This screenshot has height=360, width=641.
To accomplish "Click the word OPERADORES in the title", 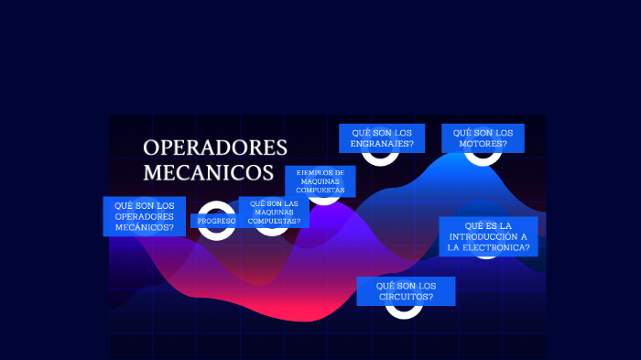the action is pos(215,147).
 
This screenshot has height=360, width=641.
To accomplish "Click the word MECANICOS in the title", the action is pos(209,172).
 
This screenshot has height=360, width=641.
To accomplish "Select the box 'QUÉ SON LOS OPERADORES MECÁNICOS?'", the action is pos(144,216).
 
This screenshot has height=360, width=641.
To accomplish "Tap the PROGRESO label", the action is pos(216,221).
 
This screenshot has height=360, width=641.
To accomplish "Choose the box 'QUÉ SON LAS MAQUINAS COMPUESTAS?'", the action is pos(274,212).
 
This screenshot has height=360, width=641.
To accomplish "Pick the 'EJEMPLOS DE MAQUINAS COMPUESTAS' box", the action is pos(320,181).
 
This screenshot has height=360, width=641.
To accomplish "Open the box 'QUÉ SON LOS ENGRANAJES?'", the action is pos(382,138).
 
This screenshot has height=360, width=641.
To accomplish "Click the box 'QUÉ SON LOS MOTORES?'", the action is pos(483,138).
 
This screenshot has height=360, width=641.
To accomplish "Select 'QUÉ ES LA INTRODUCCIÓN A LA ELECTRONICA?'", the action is pos(487,236).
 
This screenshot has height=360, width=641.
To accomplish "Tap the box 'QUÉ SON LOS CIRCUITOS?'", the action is pos(406,291).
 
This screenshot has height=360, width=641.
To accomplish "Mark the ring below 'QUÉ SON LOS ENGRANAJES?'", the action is pos(380,157).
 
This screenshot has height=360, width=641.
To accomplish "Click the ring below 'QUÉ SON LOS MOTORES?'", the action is pos(482,157).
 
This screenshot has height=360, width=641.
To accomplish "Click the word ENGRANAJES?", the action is pos(382,144).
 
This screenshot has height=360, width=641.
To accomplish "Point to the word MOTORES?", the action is pos(483,144).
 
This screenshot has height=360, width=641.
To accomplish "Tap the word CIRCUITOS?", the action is pos(406,297).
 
